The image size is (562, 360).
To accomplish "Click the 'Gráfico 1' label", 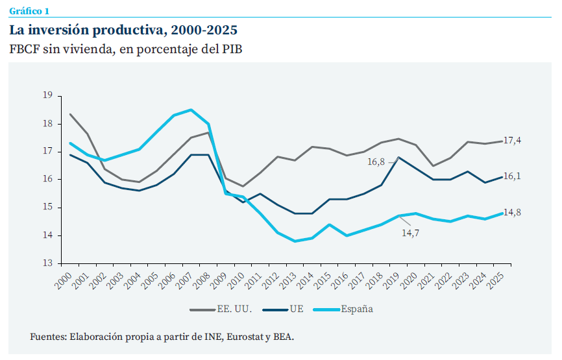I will pyautogui.click(x=29, y=11).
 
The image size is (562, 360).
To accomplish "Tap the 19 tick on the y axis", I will pyautogui.click(x=47, y=95).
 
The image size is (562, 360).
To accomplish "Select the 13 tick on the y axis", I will pyautogui.click(x=47, y=263).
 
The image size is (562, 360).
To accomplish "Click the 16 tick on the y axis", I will pyautogui.click(x=47, y=179).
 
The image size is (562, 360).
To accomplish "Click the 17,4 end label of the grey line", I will pyautogui.click(x=513, y=140).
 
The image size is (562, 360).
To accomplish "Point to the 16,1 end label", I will pyautogui.click(x=513, y=176).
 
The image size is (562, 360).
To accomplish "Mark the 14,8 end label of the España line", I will pyautogui.click(x=513, y=212).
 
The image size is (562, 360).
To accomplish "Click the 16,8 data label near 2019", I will pyautogui.click(x=376, y=162).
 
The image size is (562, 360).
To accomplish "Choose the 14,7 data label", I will pyautogui.click(x=410, y=233).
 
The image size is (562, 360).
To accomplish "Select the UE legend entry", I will pyautogui.click(x=297, y=309).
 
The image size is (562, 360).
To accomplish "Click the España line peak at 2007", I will pyautogui.click(x=190, y=110).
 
